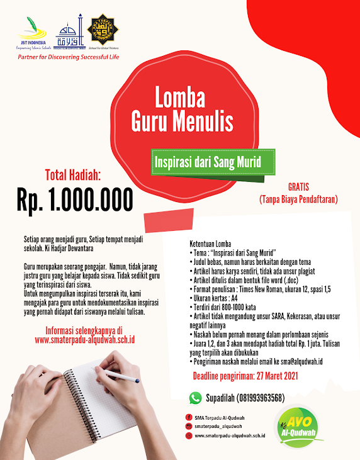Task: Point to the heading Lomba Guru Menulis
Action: coord(182,111)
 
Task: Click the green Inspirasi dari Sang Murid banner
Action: coord(207,162)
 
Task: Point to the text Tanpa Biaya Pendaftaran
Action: coord(299,199)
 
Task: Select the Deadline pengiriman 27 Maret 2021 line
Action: coord(245,376)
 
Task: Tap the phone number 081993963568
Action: coord(258,398)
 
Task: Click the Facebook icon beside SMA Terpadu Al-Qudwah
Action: coord(188,417)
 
